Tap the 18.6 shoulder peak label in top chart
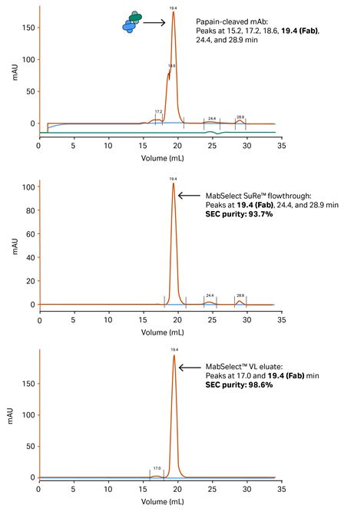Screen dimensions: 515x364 pos(171,66)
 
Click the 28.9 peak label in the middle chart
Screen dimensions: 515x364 pos(240,295)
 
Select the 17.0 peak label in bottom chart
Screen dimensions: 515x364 pos(157,468)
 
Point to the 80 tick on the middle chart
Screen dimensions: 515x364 pos(28,210)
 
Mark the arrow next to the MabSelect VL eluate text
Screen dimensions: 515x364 pos(190,368)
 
